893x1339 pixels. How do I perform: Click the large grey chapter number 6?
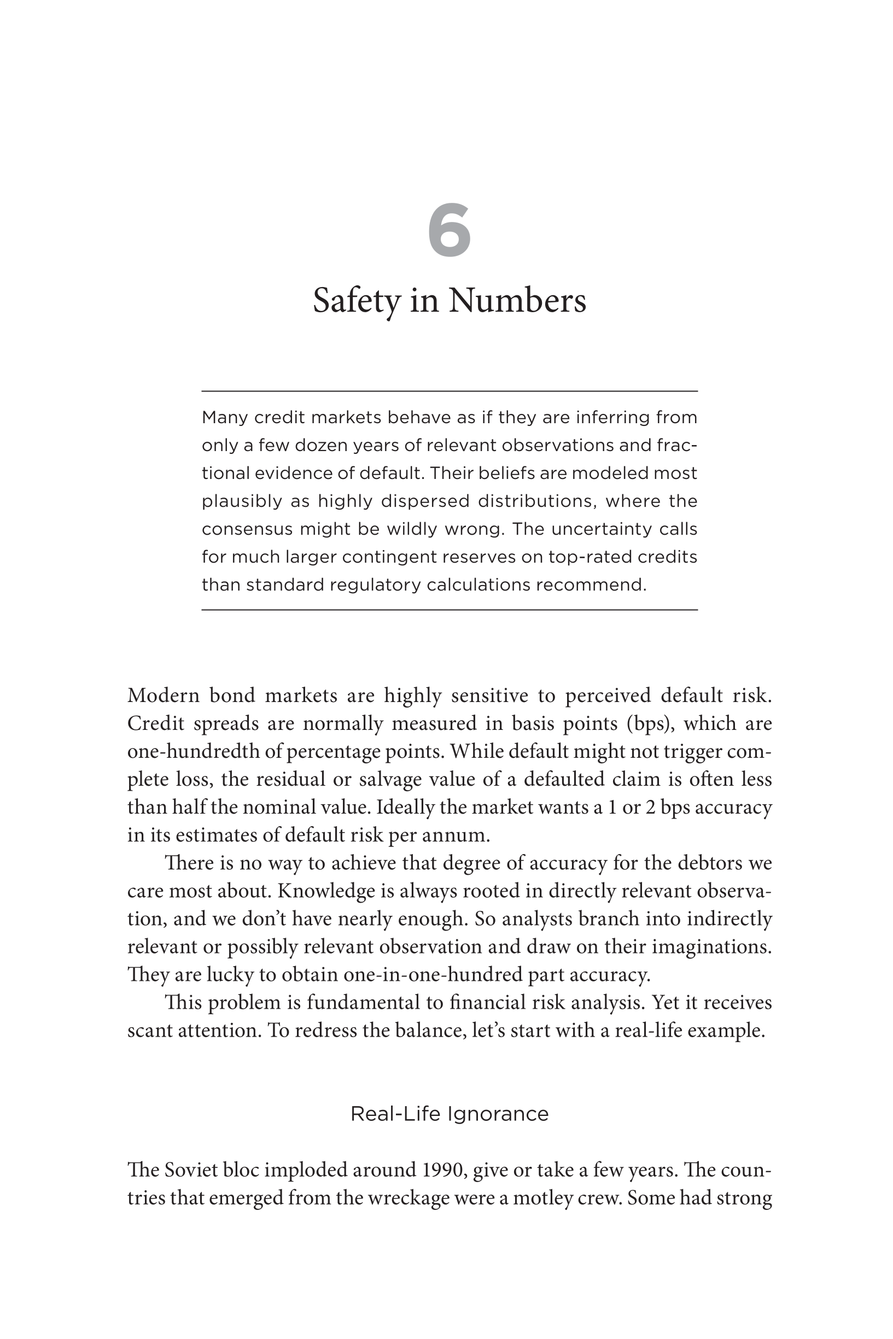450,230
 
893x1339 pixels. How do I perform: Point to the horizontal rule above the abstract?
450,391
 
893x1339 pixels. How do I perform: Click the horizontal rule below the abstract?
450,610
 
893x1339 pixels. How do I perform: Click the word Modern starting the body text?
164,695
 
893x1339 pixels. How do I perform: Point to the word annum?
459,835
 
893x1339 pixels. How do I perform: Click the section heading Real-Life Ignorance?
450,1114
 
